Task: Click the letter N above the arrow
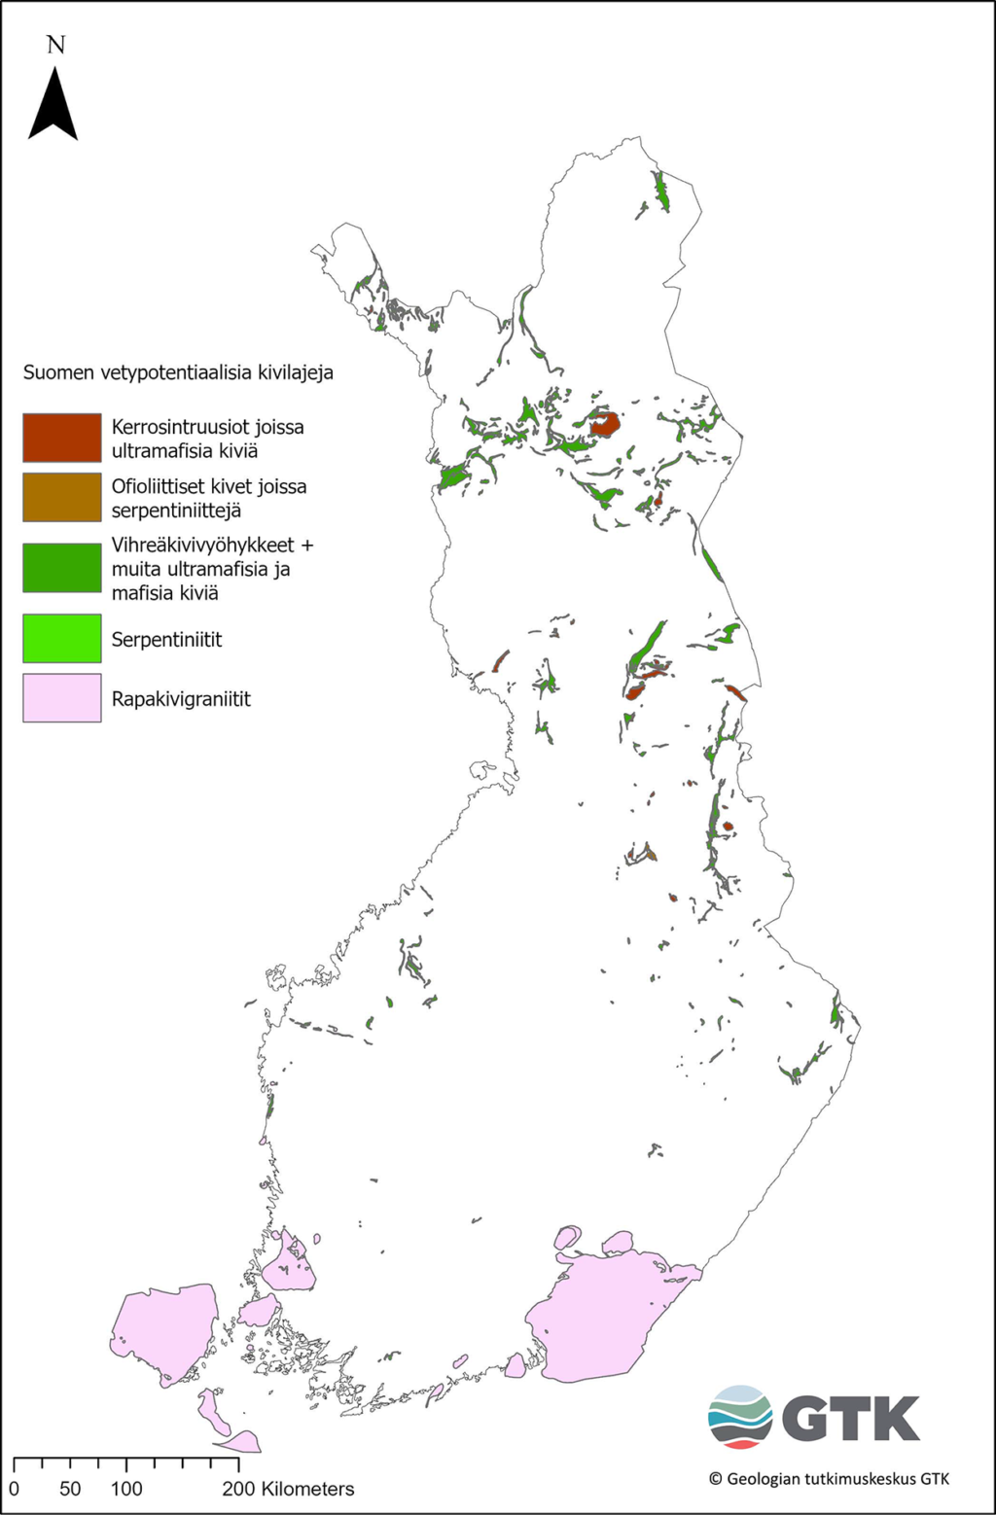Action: (x=55, y=45)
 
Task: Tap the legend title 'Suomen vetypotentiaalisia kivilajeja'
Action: (x=178, y=372)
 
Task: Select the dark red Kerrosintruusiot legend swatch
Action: (x=62, y=438)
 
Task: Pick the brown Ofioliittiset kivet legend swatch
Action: (x=62, y=497)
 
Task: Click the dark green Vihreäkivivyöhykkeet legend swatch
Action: (x=62, y=568)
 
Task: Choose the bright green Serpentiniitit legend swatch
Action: (x=62, y=639)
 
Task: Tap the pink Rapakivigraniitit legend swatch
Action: (x=62, y=698)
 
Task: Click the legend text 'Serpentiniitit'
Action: (x=166, y=640)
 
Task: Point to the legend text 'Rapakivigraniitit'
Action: (x=181, y=699)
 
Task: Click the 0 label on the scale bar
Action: (x=14, y=1489)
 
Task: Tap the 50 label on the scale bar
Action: (x=70, y=1489)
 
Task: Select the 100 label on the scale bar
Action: (x=126, y=1489)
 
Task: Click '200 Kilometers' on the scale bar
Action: (x=288, y=1489)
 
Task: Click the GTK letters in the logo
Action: (x=851, y=1420)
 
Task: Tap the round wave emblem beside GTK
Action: (x=740, y=1417)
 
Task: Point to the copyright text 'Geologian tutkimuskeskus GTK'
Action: (x=829, y=1479)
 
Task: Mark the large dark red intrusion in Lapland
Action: (x=605, y=425)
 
